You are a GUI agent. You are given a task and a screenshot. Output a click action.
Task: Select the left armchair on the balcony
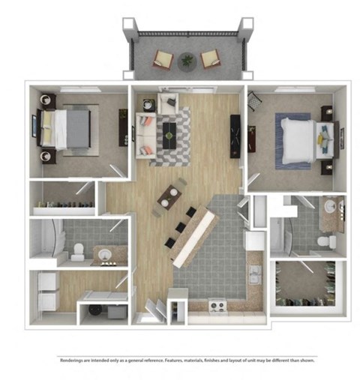tap(163, 59)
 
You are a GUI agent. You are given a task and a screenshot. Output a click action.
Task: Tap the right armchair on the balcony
tap(211, 58)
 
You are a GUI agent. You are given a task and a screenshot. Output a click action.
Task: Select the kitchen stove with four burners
tap(217, 306)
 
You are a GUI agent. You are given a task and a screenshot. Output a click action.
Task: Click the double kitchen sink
tap(255, 276)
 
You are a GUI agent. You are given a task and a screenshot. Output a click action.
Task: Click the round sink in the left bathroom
tap(106, 255)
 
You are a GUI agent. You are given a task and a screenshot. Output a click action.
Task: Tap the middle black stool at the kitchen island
tap(181, 228)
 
